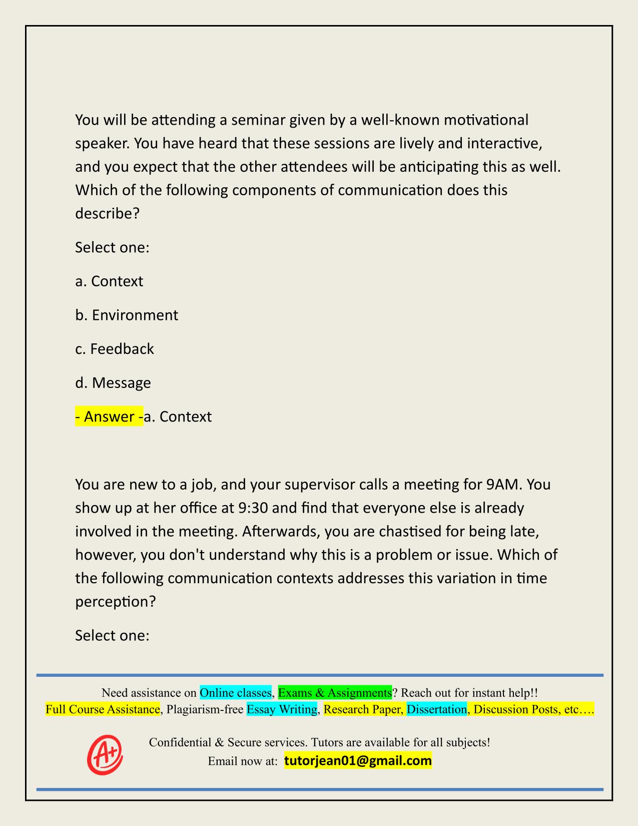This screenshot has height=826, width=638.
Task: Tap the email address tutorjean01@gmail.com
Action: [358, 761]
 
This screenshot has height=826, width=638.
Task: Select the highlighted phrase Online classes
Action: [235, 692]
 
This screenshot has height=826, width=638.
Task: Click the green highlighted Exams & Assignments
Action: [335, 692]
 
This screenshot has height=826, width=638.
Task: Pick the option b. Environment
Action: [127, 315]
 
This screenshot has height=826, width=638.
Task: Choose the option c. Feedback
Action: [115, 348]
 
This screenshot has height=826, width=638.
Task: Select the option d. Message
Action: [113, 382]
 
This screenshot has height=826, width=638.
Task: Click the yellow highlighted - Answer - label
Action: [109, 416]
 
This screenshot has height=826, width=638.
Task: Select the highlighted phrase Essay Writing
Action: [282, 709]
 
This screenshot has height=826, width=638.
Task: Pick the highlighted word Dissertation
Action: [436, 709]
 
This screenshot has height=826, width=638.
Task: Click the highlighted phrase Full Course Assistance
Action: [103, 709]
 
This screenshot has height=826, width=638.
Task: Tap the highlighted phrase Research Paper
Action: [363, 709]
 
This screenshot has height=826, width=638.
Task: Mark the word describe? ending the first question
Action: [107, 213]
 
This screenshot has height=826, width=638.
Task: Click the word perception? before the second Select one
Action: [116, 601]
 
